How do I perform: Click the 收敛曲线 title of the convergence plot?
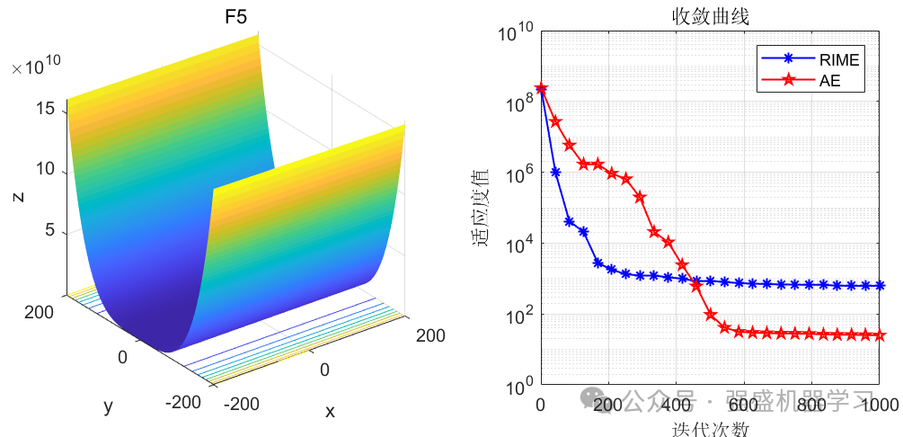(x=711, y=15)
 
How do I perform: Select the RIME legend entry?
(x=838, y=60)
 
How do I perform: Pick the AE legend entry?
(x=828, y=81)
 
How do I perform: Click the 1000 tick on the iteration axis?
(x=880, y=406)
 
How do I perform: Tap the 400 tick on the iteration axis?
(x=676, y=406)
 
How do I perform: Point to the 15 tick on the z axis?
(x=48, y=109)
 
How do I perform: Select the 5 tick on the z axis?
(x=51, y=231)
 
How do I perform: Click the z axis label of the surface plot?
(x=18, y=194)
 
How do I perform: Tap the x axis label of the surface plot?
(x=330, y=411)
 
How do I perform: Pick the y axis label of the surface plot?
(x=109, y=406)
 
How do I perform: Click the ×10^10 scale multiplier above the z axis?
(x=36, y=66)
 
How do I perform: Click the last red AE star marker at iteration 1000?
(x=880, y=335)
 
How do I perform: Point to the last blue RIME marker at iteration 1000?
(x=880, y=286)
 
